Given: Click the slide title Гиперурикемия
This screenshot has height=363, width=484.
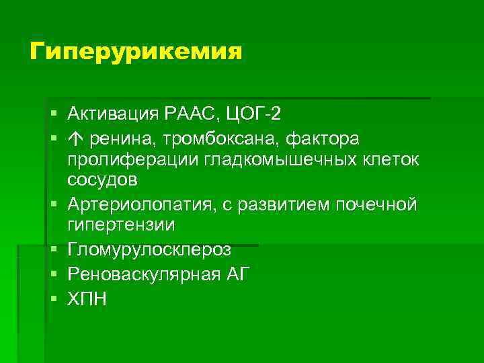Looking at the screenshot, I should tap(135, 51).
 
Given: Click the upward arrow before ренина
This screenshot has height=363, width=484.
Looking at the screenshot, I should tap(73, 138).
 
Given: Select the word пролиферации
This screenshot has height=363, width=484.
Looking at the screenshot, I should tap(119, 160).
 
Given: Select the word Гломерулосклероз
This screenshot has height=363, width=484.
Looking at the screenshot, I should tap(149, 249).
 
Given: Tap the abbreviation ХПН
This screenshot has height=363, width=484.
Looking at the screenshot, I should tap(87, 298).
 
